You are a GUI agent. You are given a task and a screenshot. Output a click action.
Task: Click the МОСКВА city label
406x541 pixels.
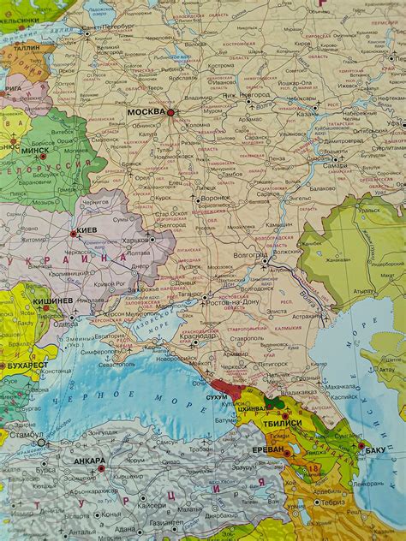click(146, 112)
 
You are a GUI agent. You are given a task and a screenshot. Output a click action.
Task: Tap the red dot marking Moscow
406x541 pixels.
click(170, 112)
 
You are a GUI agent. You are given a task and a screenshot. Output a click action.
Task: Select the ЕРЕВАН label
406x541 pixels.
click(269, 450)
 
